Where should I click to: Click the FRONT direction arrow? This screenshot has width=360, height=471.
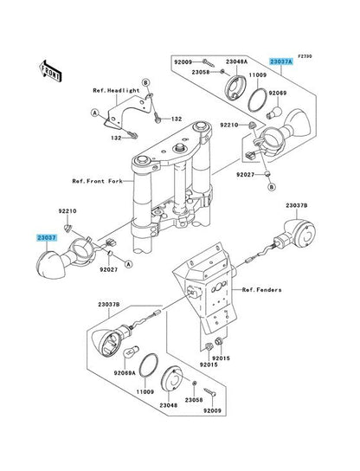coord(50,71)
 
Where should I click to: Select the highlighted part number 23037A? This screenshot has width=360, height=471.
coord(280,61)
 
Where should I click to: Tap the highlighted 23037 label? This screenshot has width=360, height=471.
coord(47,237)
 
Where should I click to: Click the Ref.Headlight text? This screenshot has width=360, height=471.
coord(116,90)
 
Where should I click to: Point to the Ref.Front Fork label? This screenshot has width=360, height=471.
coord(97,181)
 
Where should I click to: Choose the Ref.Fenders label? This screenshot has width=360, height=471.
coord(262,290)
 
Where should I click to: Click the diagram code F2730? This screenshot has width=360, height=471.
coord(305,56)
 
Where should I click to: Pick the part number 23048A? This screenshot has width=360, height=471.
coord(236,61)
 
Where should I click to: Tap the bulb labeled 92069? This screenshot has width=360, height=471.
coord(274,113)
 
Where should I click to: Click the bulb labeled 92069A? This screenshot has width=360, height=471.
coord(132,352)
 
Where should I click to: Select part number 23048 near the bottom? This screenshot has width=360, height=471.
coord(168,405)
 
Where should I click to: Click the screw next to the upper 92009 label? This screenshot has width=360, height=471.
coord(209,63)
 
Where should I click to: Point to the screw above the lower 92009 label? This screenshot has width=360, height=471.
coord(210,391)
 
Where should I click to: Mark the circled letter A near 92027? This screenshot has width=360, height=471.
coord(129,264)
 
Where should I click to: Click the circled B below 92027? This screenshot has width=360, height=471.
coord(272,187)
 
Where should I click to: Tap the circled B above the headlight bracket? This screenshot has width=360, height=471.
coord(145,82)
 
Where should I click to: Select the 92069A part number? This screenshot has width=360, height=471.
coord(125,373)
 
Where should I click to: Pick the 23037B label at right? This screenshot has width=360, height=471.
coord(296,206)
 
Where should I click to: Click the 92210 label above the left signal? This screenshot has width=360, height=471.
coord(67,211)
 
